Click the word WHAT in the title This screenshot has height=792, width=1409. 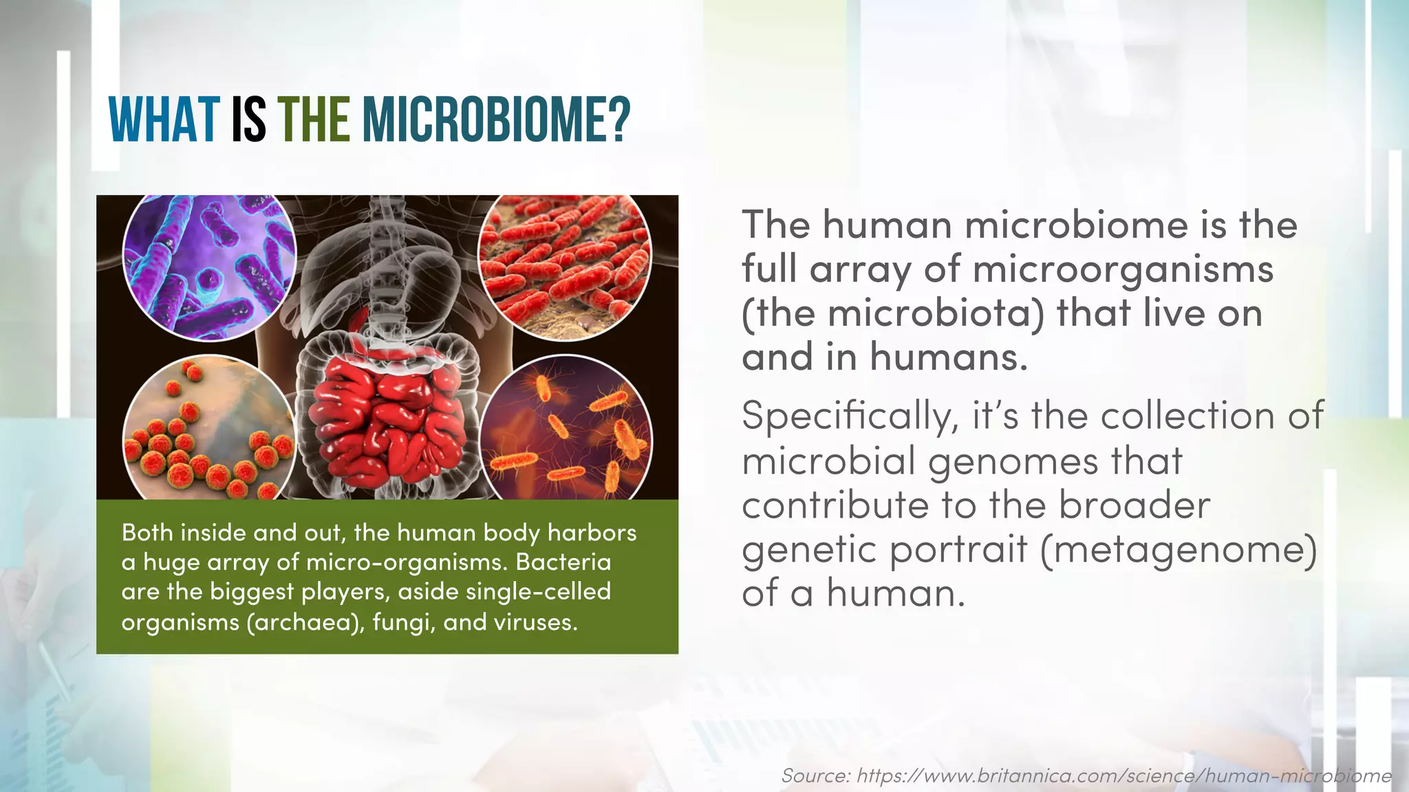164,120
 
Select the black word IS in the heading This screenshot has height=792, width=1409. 248,120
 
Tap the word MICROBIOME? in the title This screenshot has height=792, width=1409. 496,120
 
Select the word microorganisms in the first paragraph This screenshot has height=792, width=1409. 1123,269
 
